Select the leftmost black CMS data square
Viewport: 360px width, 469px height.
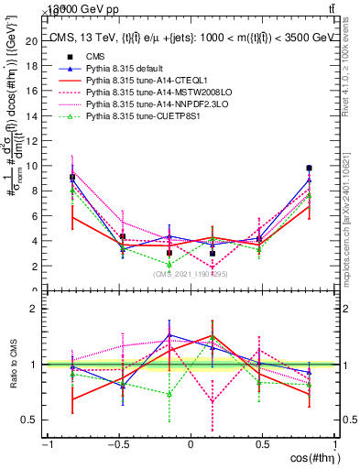click(72, 177)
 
